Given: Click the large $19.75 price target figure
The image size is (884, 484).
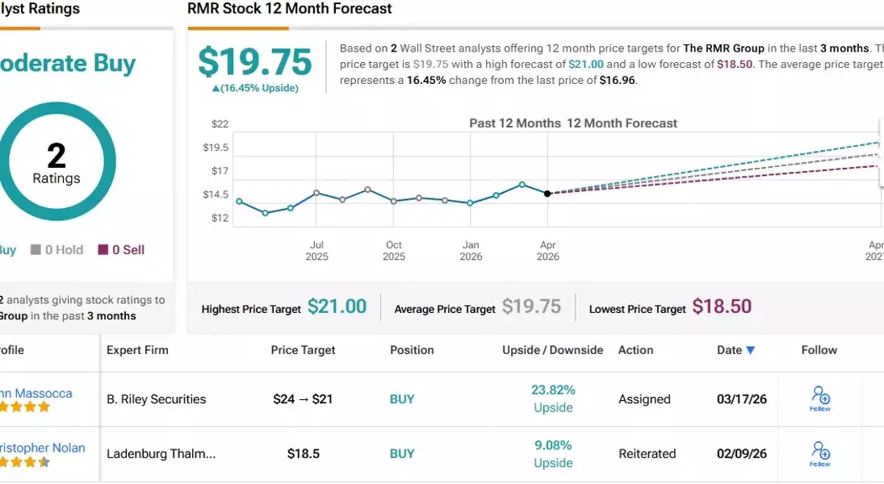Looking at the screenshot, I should [255, 62].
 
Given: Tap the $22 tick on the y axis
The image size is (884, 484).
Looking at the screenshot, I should [220, 124].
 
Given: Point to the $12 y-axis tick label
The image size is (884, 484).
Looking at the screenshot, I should [220, 218].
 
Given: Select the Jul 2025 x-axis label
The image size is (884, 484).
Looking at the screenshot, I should [316, 251].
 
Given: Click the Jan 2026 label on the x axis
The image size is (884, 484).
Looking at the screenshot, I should [471, 251].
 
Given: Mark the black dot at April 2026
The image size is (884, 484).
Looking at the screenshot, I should [547, 194].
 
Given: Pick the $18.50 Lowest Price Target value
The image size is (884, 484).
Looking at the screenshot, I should [722, 307].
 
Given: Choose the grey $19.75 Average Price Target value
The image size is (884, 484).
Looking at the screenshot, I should [531, 307].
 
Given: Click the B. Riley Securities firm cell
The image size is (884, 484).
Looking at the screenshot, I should [156, 399].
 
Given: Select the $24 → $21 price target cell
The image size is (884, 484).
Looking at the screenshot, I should [303, 399].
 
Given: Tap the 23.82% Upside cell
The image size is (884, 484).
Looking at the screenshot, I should [553, 398].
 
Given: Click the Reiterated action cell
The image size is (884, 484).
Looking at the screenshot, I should [647, 454].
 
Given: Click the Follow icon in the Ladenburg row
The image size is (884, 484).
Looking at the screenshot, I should [820, 453].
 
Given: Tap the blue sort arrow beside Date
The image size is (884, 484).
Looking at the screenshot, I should [751, 351].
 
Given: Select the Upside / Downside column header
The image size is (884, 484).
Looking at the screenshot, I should [552, 350].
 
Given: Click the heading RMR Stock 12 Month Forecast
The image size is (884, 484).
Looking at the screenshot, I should [290, 9].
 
